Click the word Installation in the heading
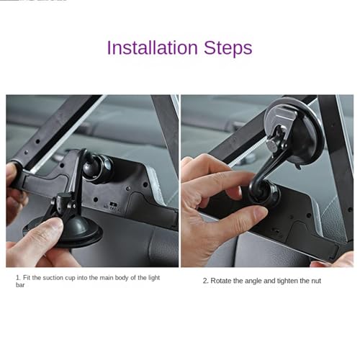tap(152, 48)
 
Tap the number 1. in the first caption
tap(18, 278)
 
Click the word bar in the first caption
tap(20, 285)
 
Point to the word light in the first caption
tap(154, 278)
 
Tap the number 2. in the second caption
tap(206, 281)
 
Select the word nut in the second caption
tap(316, 281)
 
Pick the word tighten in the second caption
tap(287, 281)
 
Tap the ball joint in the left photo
tap(97, 167)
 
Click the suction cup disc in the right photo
tap(295, 133)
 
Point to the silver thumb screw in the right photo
tap(272, 145)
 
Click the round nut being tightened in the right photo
tap(265, 193)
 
